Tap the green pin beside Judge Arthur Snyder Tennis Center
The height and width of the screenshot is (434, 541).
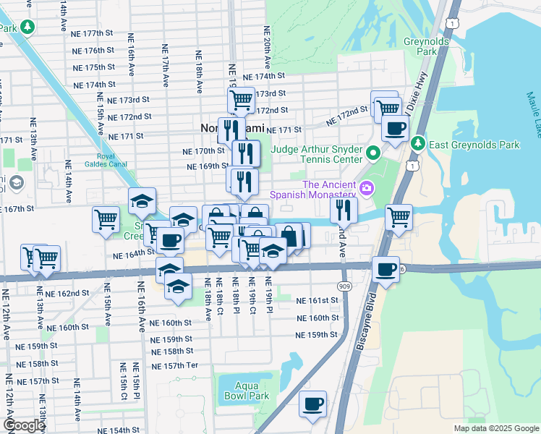(x=373, y=153)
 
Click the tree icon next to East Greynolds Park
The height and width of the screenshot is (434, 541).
(x=417, y=145)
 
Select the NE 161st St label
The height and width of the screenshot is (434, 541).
(x=317, y=300)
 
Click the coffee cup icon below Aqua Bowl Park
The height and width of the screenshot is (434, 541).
(x=312, y=404)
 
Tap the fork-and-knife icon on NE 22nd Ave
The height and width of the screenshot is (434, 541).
(x=344, y=210)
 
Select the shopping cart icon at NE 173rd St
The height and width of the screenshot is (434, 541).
(x=241, y=99)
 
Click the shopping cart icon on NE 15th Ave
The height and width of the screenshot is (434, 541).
(x=106, y=218)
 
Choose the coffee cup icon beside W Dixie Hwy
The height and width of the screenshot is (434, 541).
(x=395, y=129)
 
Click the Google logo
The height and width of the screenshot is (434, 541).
(x=24, y=425)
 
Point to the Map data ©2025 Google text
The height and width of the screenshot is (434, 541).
(x=495, y=428)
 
